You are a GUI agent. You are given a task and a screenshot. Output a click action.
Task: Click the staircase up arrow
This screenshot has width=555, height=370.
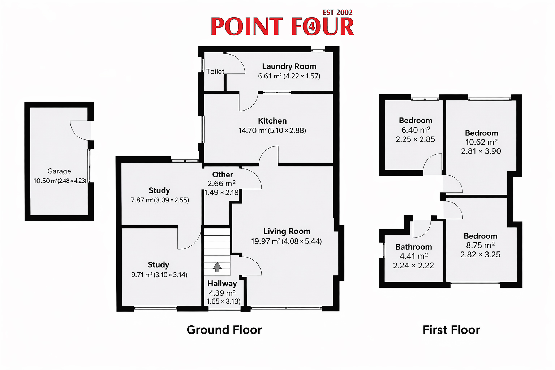point(217,267)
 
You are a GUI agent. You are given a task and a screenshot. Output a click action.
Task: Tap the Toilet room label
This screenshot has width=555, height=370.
point(215,72)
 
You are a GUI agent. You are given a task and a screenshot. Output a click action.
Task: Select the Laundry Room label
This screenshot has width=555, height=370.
point(289,66)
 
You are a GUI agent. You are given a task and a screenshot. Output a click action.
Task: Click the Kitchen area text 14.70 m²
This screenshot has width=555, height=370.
point(253,130)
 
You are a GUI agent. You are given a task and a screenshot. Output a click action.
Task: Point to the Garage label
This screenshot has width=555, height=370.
point(59,171)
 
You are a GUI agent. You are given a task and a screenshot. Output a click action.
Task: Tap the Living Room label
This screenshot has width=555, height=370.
point(287,231)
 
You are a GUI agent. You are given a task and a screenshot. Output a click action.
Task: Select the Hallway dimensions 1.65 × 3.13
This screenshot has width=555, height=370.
point(223,301)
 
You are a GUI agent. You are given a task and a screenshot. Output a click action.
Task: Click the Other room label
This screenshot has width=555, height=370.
point(223,175)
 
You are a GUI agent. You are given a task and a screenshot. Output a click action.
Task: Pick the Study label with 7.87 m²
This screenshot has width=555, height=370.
point(159,190)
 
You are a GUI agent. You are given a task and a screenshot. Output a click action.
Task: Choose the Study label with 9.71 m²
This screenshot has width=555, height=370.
point(158,265)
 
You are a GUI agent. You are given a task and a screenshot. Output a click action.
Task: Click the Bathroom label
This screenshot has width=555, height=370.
point(413,247)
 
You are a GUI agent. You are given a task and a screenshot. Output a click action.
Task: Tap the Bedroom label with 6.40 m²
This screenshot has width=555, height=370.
point(416,120)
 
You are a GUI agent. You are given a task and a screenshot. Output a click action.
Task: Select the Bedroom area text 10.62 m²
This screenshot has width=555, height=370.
point(481,142)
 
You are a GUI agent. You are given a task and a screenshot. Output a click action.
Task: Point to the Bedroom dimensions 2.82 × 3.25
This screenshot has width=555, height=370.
point(481,254)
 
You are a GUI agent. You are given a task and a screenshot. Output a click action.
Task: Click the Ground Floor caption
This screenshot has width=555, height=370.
point(224,330)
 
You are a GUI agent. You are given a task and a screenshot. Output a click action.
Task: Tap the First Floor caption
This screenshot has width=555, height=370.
point(451,330)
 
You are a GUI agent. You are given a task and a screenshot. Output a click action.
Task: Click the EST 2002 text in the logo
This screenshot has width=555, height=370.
point(337,12)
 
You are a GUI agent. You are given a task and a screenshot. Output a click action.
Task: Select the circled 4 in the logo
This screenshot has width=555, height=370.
point(312,26)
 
